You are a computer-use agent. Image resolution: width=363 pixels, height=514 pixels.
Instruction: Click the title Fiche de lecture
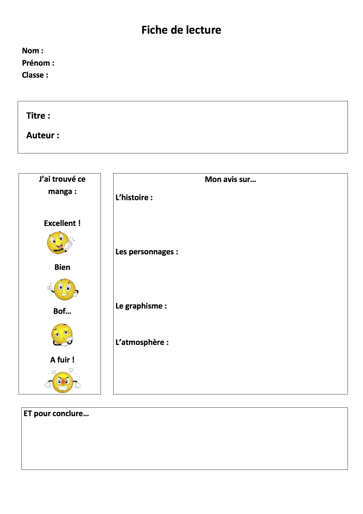(181, 30)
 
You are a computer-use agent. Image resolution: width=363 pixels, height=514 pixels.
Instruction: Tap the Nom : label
(32, 51)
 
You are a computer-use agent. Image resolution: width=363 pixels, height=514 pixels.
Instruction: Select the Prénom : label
(38, 63)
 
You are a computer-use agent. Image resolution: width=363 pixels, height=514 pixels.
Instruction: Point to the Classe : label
(35, 75)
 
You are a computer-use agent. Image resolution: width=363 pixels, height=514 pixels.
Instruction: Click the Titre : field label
(38, 116)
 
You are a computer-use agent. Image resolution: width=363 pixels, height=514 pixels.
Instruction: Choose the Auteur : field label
(43, 135)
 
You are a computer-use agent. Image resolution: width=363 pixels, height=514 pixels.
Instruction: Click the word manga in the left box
(60, 192)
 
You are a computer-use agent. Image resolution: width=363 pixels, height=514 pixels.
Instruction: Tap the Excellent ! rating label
(62, 223)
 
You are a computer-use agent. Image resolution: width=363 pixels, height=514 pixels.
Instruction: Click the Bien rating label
(62, 267)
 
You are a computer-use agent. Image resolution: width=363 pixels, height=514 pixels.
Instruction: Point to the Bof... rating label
(62, 311)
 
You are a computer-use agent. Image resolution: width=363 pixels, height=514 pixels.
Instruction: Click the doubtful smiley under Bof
(62, 335)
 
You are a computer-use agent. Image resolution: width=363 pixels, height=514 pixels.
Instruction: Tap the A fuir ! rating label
(62, 360)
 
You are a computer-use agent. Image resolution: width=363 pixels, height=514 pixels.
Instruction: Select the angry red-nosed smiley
(63, 382)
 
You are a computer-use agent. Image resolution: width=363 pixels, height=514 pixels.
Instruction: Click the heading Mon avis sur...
(230, 179)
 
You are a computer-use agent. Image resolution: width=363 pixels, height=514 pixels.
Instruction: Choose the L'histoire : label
(134, 198)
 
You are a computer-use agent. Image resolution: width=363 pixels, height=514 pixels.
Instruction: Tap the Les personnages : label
(147, 252)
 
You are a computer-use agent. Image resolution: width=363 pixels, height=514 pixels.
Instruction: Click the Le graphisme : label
(141, 306)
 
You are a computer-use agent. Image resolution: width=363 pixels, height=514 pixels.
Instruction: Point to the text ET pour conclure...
(56, 413)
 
